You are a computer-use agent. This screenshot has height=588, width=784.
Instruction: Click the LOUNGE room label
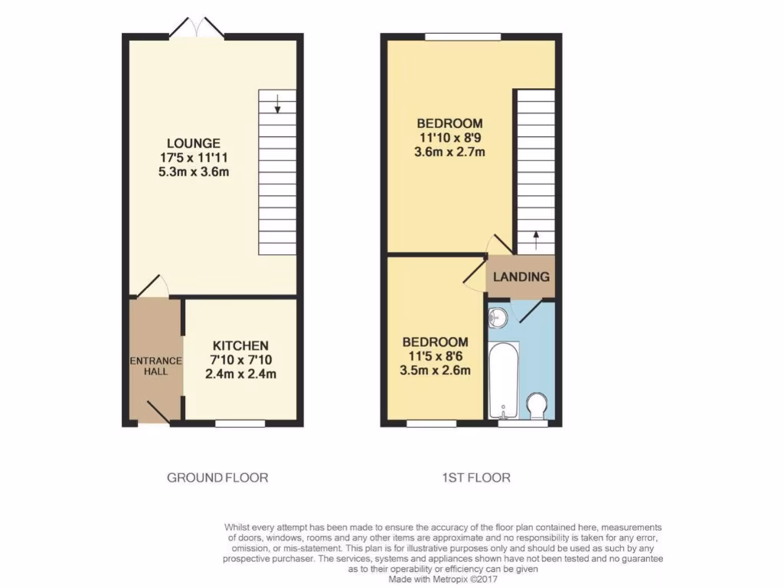pos(194,143)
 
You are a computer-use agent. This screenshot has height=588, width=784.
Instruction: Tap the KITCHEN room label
pos(240,346)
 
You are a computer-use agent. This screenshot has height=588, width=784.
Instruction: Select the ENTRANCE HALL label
pos(155,366)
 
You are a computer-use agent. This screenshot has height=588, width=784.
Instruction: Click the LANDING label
pos(521,276)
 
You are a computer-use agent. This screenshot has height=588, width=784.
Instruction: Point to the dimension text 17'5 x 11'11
pos(194,158)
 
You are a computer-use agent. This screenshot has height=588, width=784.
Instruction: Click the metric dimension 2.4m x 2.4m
pos(240,374)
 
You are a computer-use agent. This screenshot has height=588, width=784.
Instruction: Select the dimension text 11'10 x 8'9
pos(450,138)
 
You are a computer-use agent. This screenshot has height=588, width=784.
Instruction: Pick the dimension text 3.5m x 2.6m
pos(435,371)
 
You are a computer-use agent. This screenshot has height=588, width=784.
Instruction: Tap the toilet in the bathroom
pos(538,405)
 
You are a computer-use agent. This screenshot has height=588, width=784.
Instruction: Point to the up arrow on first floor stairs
pos(535,237)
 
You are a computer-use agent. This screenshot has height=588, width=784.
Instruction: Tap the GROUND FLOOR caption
pos(217,478)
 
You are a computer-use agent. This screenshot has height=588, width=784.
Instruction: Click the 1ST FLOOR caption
pos(476,478)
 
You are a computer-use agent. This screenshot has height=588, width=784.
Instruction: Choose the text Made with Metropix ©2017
pos(443,580)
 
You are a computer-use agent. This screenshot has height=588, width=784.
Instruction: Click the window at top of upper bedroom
pos(463,36)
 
